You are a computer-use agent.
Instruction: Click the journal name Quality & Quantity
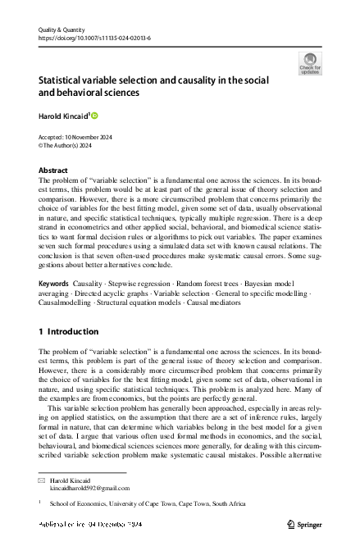pos(62,29)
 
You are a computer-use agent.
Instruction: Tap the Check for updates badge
pos(310,64)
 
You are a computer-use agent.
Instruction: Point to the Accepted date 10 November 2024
pos(75,138)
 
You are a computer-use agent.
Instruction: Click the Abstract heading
pos(53,171)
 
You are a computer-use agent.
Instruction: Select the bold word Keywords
pos(54,283)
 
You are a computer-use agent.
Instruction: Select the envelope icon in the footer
pos(42,479)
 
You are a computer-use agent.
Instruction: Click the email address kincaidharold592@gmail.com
pos(89,488)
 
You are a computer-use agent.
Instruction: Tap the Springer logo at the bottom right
pos(304,524)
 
